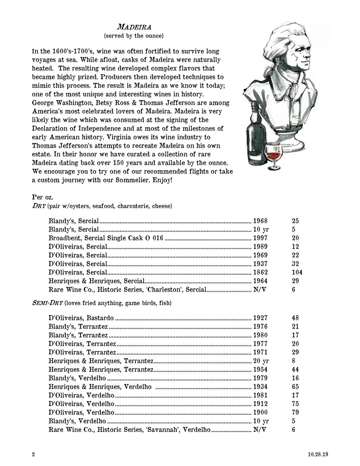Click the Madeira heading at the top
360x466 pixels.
pyautogui.click(x=134, y=27)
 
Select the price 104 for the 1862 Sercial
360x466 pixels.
pyautogui.click(x=297, y=272)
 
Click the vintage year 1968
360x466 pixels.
pyautogui.click(x=261, y=221)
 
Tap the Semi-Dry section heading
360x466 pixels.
pyautogui.click(x=48, y=303)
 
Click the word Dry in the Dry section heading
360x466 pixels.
pyautogui.click(x=39, y=206)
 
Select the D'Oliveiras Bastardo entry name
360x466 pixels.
pyautogui.click(x=81, y=318)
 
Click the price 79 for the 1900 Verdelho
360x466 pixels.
pyautogui.click(x=295, y=412)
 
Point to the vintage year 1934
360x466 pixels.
pyautogui.click(x=261, y=387)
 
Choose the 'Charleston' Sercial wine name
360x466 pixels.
pyautogui.click(x=127, y=290)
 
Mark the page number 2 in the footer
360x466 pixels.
pyautogui.click(x=33, y=454)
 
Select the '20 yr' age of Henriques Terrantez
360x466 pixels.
pyautogui.click(x=261, y=361)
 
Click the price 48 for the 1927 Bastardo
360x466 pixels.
pyautogui.click(x=295, y=318)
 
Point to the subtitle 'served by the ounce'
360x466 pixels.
pyautogui.click(x=134, y=36)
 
